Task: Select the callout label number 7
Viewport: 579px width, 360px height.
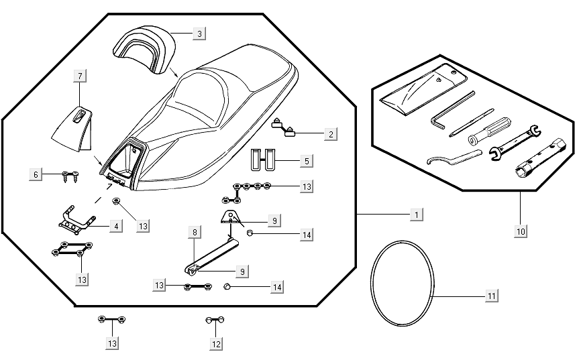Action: click(80, 76)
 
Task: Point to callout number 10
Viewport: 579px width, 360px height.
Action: click(521, 231)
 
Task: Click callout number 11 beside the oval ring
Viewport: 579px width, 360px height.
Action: click(491, 296)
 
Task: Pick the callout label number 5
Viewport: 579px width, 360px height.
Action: click(305, 161)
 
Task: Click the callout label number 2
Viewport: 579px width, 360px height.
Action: click(330, 134)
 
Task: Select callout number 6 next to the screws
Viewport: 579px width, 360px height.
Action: click(36, 174)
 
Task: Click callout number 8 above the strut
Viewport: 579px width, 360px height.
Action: click(194, 233)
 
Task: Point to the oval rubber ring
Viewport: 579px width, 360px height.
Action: click(403, 284)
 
